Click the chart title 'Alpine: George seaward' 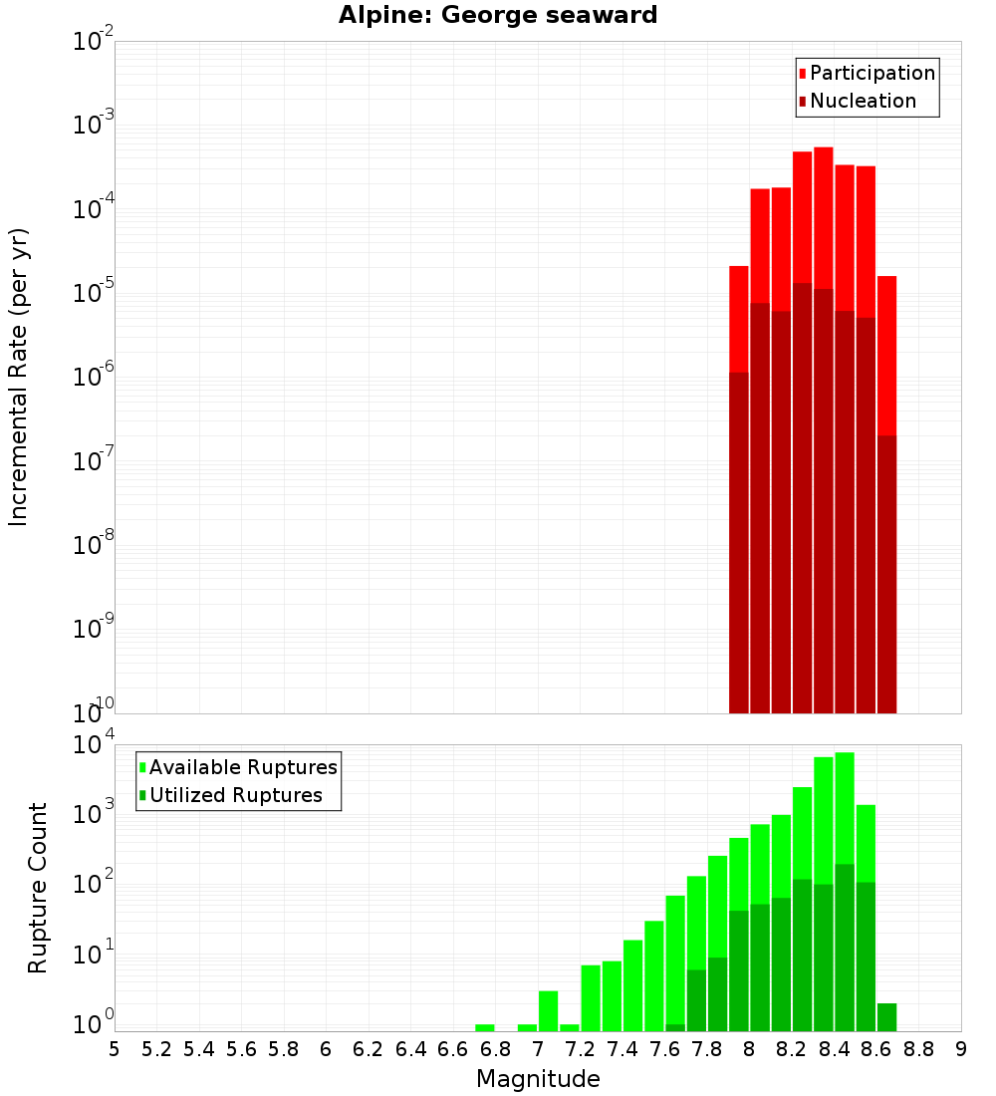click(498, 16)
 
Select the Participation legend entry click(867, 73)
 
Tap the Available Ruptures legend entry click(238, 767)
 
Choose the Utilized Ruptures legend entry click(230, 795)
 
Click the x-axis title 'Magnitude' click(538, 1079)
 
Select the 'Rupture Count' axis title click(38, 887)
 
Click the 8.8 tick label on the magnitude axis click(918, 1049)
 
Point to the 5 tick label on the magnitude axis click(115, 1049)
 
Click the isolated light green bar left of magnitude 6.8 click(485, 1027)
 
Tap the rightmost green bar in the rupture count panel click(886, 1017)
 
